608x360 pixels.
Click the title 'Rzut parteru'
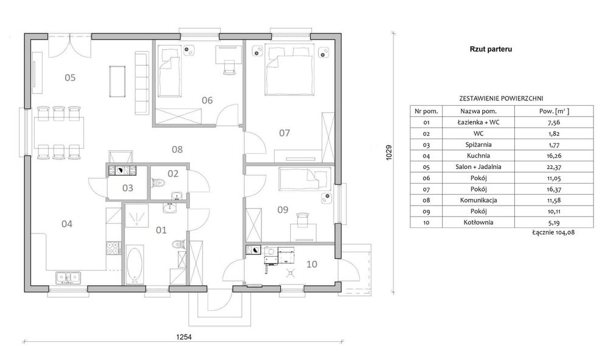tap(491, 49)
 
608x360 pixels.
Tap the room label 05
tap(70, 78)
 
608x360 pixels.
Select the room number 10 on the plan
tap(312, 264)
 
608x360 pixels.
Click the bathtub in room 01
tap(134, 264)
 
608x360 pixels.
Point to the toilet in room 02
tap(158, 182)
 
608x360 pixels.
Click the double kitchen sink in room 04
tap(68, 277)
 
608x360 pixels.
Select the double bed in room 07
tap(289, 69)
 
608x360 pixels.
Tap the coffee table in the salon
tap(117, 81)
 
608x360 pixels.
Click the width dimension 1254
tap(184, 337)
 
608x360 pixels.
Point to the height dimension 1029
tap(389, 153)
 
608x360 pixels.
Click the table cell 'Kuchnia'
tap(478, 156)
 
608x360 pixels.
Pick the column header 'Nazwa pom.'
tap(478, 111)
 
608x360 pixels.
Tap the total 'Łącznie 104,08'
tap(553, 232)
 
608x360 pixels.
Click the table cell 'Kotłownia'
tap(478, 223)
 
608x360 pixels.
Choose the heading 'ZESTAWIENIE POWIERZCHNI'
tap(501, 99)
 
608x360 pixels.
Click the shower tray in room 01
tap(136, 215)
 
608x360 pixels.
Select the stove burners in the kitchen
tap(113, 247)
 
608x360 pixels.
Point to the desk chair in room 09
tap(302, 220)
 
